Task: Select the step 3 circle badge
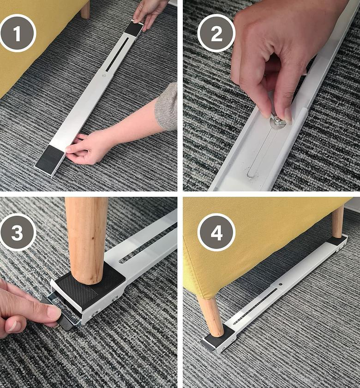coord(18,233)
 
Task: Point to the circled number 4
coord(216,233)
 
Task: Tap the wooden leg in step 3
coord(87,236)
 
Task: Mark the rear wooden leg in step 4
coord(338,222)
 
